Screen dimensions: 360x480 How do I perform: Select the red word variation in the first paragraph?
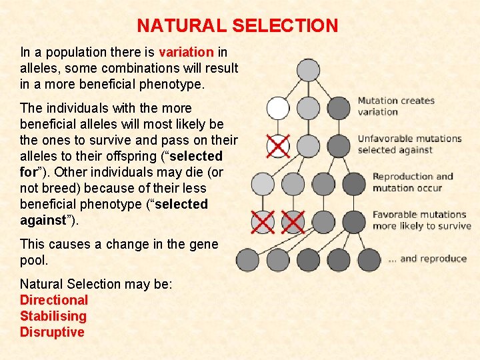pos(186,52)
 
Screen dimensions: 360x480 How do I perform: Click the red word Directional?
pos(54,300)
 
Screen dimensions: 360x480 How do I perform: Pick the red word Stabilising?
pos(53,316)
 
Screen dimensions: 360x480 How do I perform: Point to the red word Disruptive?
pos(52,332)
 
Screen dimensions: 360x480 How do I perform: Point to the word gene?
pos(203,244)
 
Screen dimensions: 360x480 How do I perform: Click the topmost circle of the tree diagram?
pos(308,70)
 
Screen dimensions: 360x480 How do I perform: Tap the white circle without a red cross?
pos(278,108)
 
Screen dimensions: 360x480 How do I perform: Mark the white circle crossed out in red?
pos(278,145)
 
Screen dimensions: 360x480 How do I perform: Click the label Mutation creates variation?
pos(396,106)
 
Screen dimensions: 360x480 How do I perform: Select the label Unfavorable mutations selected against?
pos(409,144)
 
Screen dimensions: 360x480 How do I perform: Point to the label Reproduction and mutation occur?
pos(413,182)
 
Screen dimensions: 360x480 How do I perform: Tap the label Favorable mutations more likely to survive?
pos(421,220)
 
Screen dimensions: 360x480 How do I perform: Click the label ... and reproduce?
pos(427,259)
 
